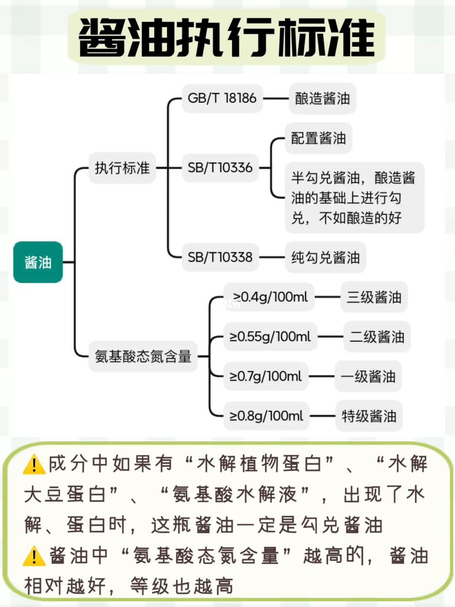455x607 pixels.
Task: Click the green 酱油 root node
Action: coord(38,262)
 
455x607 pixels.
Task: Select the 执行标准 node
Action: coord(122,168)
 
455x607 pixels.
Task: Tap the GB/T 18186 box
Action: coord(222,98)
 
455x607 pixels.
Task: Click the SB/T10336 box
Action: coord(220,168)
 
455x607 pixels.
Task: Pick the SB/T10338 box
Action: coord(220,257)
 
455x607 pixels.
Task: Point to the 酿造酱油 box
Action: coord(322,99)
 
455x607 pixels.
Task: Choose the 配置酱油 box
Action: coord(318,138)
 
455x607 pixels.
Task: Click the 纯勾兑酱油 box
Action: coord(325,257)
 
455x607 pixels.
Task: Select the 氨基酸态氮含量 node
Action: coord(143,357)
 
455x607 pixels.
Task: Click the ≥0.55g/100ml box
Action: coord(270,337)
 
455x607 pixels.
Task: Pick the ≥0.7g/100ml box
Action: coord(265,376)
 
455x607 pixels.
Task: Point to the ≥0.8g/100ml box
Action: coord(266,416)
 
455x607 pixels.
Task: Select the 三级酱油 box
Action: coord(374,297)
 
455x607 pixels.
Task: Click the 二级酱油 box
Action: coord(377,337)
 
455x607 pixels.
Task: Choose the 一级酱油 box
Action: coord(368,376)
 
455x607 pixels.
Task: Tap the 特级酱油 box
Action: coord(369,416)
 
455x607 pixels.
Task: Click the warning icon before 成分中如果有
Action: coord(34,465)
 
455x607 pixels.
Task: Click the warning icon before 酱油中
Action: coord(34,556)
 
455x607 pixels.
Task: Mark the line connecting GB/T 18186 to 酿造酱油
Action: coord(276,99)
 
